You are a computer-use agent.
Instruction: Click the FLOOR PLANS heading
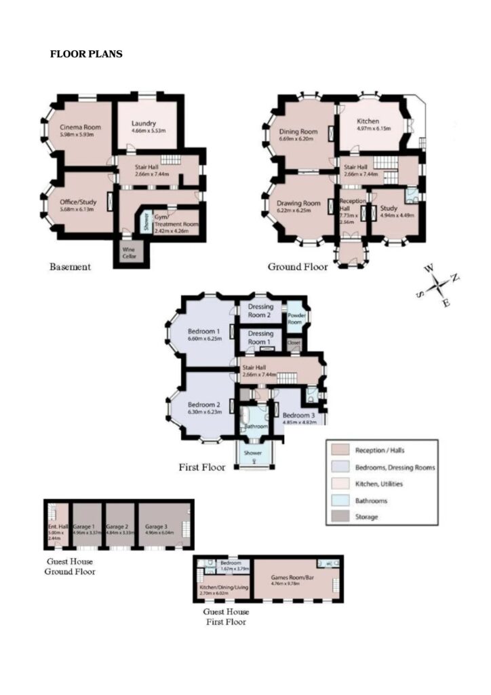(x=86, y=54)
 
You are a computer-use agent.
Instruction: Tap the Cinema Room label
(x=75, y=128)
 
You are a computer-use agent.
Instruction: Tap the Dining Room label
(x=298, y=132)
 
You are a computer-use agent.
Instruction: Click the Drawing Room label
(x=298, y=203)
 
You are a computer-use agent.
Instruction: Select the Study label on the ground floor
(x=388, y=208)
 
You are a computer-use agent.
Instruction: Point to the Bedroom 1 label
(x=204, y=331)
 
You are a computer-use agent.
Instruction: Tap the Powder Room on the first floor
(x=296, y=318)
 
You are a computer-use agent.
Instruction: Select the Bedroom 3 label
(x=299, y=415)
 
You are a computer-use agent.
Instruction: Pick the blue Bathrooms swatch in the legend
(x=338, y=501)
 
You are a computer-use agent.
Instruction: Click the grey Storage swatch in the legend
(x=338, y=517)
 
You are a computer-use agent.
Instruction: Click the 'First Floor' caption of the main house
(x=203, y=468)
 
